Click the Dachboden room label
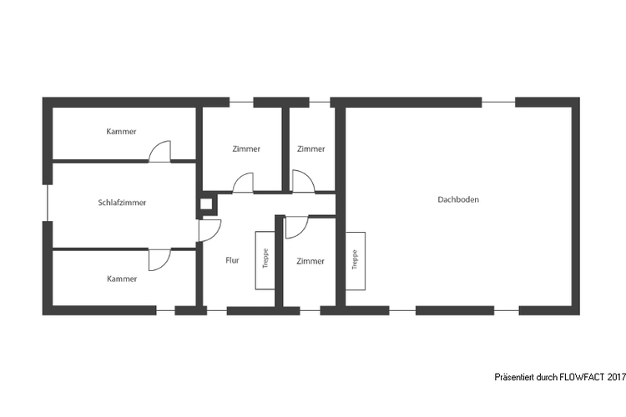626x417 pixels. click(458, 199)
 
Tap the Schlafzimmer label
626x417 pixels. click(122, 203)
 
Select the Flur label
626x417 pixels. click(232, 260)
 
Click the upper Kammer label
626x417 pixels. click(121, 131)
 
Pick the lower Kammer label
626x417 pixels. click(122, 279)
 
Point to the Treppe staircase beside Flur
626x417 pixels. click(265, 260)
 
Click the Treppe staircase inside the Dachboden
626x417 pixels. click(356, 261)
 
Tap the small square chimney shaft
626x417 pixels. click(206, 204)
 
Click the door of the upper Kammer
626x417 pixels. click(159, 152)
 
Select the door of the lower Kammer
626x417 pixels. click(159, 259)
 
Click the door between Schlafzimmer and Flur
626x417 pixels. click(210, 231)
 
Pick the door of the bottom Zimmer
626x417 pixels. click(296, 228)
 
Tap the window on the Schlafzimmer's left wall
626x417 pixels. click(48, 203)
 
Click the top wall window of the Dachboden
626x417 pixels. click(498, 102)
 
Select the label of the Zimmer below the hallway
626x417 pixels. click(310, 261)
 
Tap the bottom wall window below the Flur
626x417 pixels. click(217, 310)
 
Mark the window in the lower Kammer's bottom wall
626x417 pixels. click(166, 310)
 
